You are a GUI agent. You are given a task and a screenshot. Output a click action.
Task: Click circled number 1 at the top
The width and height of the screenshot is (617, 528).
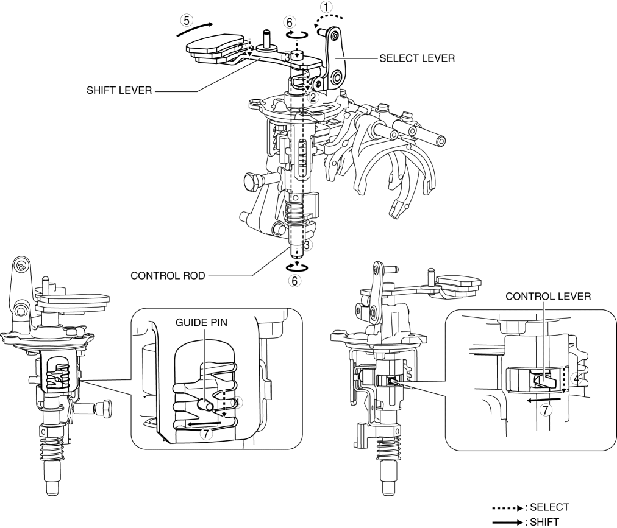[x=328, y=8]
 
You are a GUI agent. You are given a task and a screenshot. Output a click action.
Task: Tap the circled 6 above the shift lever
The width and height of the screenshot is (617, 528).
[x=290, y=22]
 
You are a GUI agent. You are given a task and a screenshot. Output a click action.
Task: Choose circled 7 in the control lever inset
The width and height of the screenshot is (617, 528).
[x=547, y=410]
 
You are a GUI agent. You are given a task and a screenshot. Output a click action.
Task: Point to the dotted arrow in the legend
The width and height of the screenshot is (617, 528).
[x=515, y=507]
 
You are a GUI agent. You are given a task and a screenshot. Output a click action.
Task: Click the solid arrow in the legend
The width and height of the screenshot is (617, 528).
[x=515, y=521]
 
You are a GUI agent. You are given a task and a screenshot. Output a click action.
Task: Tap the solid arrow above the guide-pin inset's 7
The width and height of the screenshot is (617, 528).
[x=204, y=422]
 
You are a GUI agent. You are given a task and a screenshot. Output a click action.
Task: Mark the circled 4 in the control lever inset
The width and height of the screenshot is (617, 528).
[x=576, y=378]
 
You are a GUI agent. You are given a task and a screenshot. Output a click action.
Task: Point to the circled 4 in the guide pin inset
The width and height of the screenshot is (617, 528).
[x=238, y=402]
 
